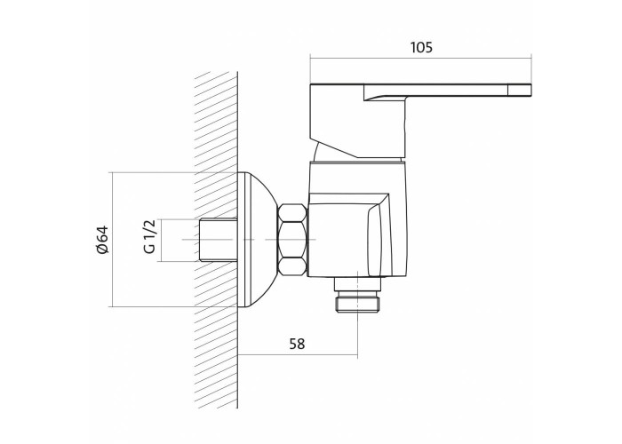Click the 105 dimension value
[421, 47]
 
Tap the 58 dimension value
[297, 344]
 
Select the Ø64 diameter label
[102, 240]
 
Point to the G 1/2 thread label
[149, 237]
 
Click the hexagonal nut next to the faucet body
[292, 240]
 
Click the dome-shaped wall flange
[258, 240]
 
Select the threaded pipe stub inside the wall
[218, 240]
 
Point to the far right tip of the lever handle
[531, 90]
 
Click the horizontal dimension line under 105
[421, 59]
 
